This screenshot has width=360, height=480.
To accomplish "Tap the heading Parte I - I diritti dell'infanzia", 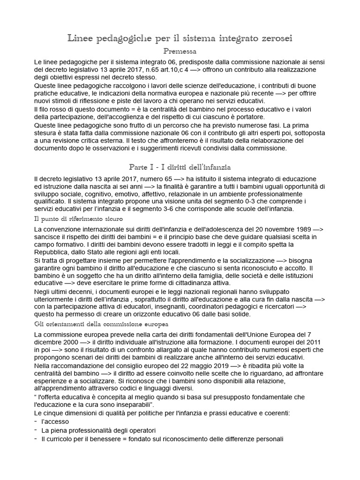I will click(x=180, y=167).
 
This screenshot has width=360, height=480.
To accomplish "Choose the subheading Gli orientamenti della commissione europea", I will click(x=102, y=324).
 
